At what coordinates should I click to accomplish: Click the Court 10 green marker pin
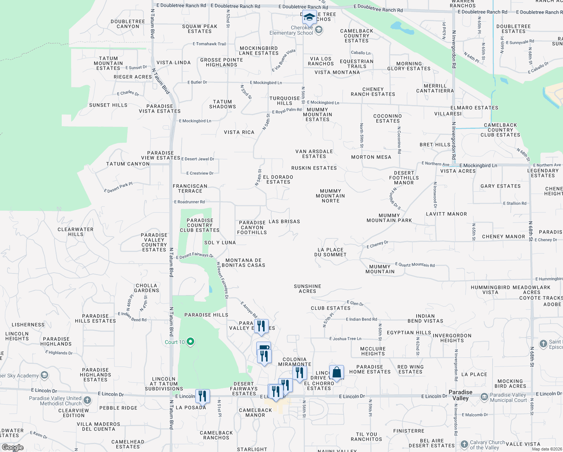[190, 342]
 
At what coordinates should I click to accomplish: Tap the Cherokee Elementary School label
[291, 30]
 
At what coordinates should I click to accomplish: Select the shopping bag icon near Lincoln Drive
[336, 373]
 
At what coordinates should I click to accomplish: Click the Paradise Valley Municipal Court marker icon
[484, 397]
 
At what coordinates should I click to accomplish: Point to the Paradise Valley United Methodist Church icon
[87, 400]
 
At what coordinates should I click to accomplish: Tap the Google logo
[13, 447]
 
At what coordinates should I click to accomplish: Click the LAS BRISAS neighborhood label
[284, 221]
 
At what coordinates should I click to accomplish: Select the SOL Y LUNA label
[220, 243]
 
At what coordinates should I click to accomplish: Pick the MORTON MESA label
[371, 157]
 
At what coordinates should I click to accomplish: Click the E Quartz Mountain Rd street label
[415, 265]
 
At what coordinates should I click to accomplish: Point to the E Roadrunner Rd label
[190, 202]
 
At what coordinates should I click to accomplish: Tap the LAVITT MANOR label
[446, 214]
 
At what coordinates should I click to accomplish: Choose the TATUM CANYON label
[128, 164]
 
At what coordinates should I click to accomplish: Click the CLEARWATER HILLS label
[76, 232]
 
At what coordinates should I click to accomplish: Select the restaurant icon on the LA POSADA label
[202, 396]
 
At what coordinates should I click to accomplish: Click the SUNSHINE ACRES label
[307, 289]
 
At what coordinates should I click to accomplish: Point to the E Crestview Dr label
[200, 173]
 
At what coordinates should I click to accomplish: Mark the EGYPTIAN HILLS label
[409, 333]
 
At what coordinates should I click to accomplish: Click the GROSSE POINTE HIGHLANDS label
[221, 62]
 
